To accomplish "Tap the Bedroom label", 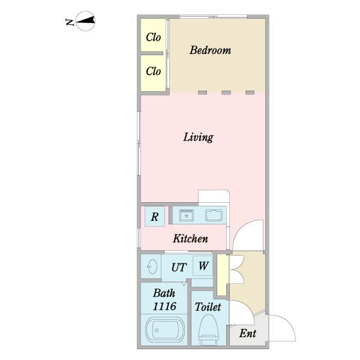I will point(210,50).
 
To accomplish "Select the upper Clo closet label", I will point(154,37).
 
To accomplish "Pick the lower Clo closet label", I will point(154,71).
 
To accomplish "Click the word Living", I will point(198,137).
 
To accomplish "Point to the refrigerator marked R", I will point(154,217).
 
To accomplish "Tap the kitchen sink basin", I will point(214,215).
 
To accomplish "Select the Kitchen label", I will point(190,239).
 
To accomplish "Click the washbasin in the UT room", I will point(151,266).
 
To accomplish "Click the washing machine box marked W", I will point(203,266).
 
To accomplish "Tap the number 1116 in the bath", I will point(164,307).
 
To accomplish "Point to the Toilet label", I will point(208,307).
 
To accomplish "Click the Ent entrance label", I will point(247,334).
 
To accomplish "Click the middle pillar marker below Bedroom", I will point(226,92).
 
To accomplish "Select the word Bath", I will point(164,293).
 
